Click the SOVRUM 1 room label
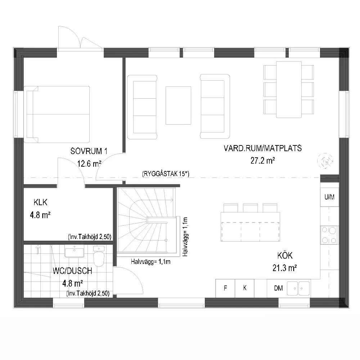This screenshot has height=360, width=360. [x=89, y=151]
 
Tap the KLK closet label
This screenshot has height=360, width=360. [x=40, y=202]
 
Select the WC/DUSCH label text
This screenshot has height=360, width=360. [x=72, y=271]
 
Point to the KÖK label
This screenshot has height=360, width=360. [x=285, y=255]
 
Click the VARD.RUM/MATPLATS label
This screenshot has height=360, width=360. [x=263, y=148]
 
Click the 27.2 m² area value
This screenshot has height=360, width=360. [x=263, y=161]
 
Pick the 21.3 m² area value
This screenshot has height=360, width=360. [x=285, y=268]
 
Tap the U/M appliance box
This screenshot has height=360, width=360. [x=329, y=197]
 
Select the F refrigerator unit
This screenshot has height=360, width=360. [x=225, y=288]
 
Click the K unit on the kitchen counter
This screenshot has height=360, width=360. [x=245, y=288]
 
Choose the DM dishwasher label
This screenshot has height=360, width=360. [x=278, y=288]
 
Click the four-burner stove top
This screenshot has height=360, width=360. [x=329, y=235]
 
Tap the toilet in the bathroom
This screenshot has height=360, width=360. [x=99, y=256]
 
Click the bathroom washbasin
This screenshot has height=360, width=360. [x=74, y=251]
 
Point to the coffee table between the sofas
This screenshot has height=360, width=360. [x=179, y=105]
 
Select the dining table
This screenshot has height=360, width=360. [x=289, y=90]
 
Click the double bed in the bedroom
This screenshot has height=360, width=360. [x=57, y=114]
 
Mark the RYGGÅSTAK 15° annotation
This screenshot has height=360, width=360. [x=166, y=174]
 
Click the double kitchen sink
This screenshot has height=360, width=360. [x=298, y=288]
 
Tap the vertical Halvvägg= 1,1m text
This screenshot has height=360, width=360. [x=185, y=237]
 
